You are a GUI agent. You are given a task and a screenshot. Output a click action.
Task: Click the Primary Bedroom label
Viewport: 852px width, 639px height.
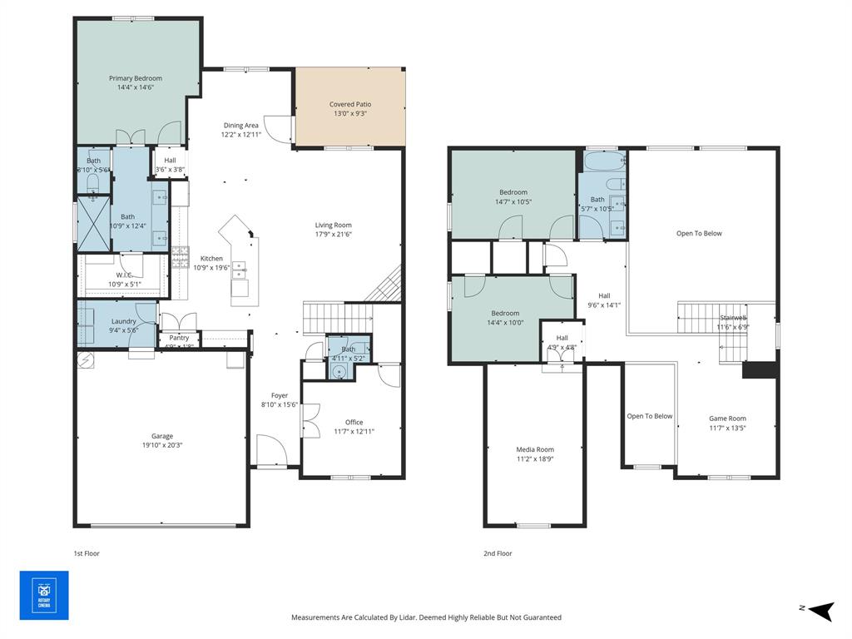point(136,78)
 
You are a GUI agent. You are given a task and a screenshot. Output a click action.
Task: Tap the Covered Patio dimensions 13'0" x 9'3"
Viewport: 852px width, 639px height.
point(349,114)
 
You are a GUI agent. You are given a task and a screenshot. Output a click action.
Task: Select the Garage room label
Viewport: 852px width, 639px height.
point(162,436)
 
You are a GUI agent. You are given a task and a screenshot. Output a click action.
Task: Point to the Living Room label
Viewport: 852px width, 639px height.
point(333,225)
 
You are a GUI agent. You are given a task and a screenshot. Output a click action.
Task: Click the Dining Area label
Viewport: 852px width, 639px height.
point(240,126)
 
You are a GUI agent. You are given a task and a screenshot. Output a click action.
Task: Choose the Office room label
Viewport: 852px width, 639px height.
point(354,422)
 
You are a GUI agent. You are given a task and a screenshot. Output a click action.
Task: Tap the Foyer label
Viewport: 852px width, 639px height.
point(280,396)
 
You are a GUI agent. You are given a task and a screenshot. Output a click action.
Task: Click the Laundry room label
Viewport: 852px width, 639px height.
point(124,321)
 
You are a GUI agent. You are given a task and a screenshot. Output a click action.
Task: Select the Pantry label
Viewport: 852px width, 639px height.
point(179,338)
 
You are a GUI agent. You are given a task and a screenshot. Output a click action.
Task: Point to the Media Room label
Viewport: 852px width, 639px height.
point(534,449)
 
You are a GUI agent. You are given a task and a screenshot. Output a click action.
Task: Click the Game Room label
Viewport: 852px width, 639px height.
point(727,419)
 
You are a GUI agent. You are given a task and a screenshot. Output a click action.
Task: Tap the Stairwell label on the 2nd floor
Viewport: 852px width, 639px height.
point(733,318)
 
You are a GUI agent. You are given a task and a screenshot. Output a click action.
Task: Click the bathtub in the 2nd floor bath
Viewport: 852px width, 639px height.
point(602,161)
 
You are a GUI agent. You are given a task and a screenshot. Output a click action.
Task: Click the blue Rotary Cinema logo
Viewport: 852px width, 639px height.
point(44,594)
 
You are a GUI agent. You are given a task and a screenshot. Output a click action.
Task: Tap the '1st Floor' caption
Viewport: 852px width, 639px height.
point(87,553)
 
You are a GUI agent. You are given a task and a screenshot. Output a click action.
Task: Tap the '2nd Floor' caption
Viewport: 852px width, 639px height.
point(498,553)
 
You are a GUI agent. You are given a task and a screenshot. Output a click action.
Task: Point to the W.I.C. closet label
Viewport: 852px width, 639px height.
point(124,275)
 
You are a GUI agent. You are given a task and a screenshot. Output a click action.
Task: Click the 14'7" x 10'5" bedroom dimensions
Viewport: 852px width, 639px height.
point(513,201)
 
